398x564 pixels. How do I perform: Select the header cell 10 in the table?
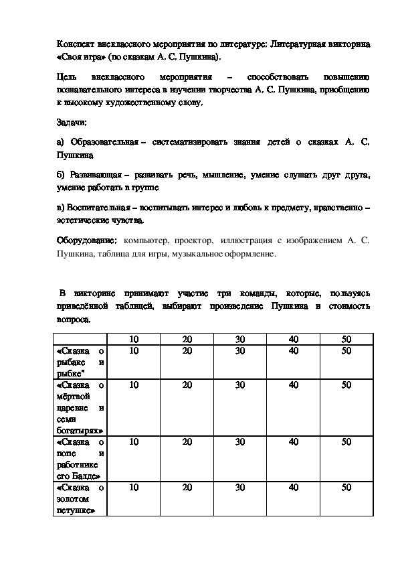tap(134, 339)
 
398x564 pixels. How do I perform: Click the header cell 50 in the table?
tap(346, 339)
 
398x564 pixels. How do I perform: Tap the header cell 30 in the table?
tap(240, 339)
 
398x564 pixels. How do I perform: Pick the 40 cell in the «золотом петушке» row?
tap(293, 488)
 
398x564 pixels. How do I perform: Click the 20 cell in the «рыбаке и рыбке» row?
tap(187, 350)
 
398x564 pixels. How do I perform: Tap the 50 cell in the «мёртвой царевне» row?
tap(346, 384)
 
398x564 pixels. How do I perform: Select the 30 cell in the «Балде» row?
tap(240, 441)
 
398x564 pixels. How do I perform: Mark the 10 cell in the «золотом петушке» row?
tap(134, 488)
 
